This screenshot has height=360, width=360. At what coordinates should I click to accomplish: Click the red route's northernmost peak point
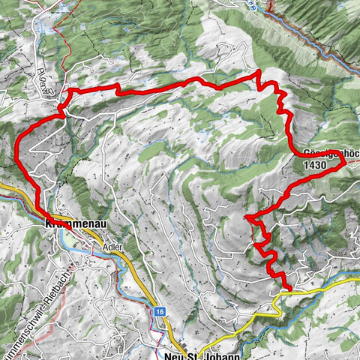pyautogui.click(x=258, y=72)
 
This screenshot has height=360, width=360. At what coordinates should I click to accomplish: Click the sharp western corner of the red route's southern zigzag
pyautogui.click(x=246, y=217)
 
